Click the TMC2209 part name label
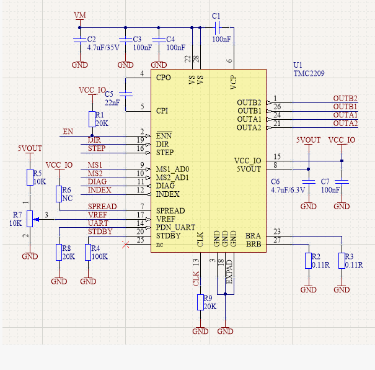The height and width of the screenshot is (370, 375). pos(309,73)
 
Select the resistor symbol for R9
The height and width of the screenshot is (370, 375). pos(200,302)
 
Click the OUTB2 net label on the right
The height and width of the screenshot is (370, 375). pos(345,99)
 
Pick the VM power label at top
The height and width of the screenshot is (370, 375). pos(80,14)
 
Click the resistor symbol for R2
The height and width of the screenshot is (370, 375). pos(308,261)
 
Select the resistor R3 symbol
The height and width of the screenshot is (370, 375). pos(341,261)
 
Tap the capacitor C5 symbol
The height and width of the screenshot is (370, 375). pos(126,94)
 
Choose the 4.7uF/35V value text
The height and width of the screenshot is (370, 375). pos(103,48)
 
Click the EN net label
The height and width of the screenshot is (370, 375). pos(68,132)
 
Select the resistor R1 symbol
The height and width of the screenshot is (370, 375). pos(92,119)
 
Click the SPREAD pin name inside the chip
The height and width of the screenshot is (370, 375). pos(170,210)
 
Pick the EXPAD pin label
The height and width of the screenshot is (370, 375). pos(229,273)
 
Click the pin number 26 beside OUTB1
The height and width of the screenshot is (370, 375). pos(276,106)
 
